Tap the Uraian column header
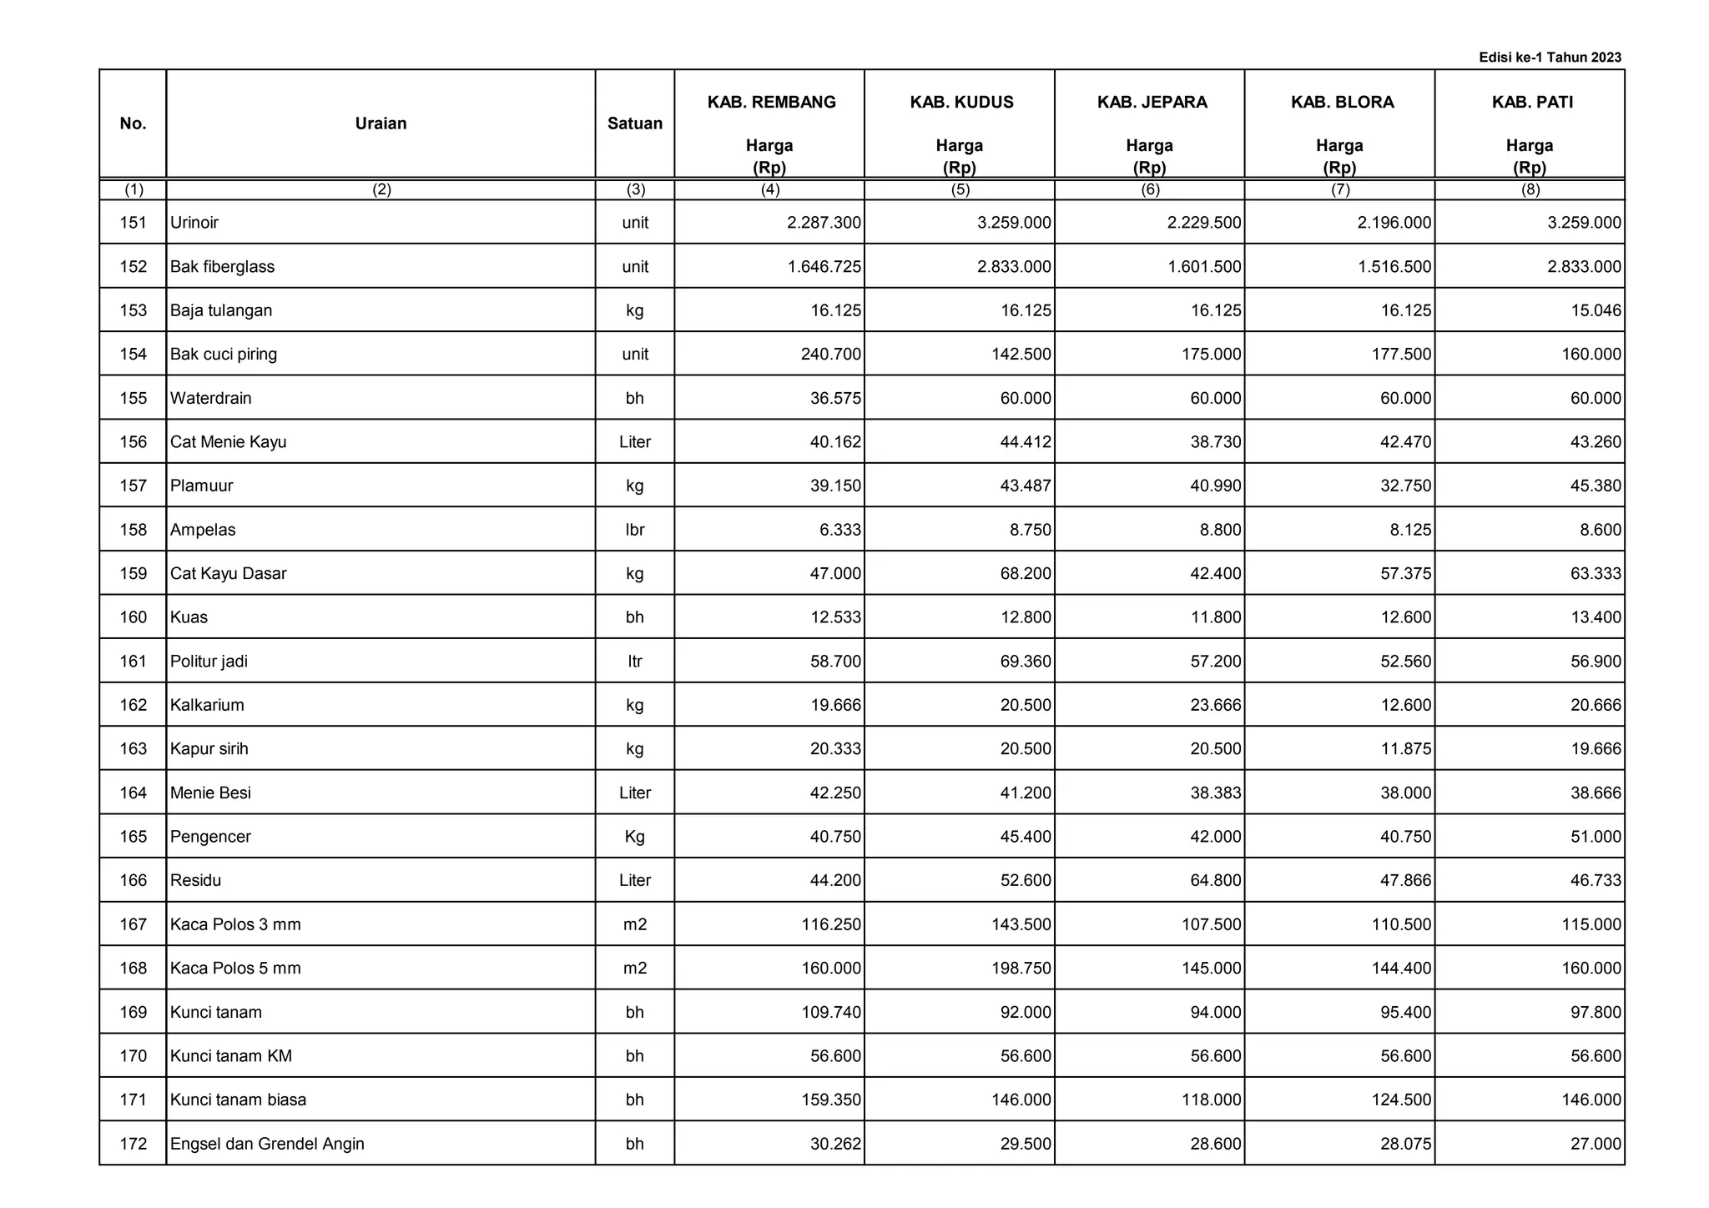pyautogui.click(x=381, y=123)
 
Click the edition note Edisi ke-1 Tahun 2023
pyautogui.click(x=1550, y=58)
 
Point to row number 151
pyautogui.click(x=134, y=223)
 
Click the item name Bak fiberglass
pyautogui.click(x=222, y=267)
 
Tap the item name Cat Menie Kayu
pyautogui.click(x=228, y=442)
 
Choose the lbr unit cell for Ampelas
pyautogui.click(x=634, y=530)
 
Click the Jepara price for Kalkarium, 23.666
pyautogui.click(x=1216, y=705)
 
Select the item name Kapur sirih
pyautogui.click(x=209, y=749)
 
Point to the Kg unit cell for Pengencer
pyautogui.click(x=634, y=837)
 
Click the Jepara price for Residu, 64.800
pyautogui.click(x=1216, y=880)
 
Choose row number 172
pyautogui.click(x=134, y=1144)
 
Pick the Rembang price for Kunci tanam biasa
pyautogui.click(x=829, y=1100)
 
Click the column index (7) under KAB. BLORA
pyautogui.click(x=1340, y=189)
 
